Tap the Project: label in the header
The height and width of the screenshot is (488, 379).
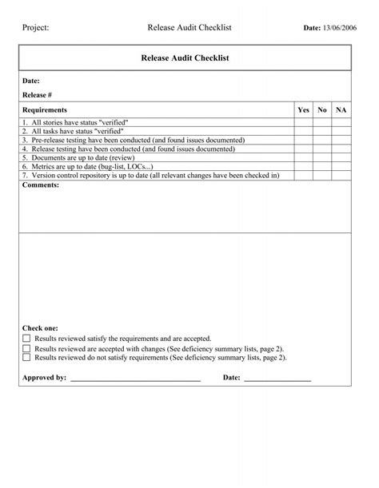[x=36, y=28]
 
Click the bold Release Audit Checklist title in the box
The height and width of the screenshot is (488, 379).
[x=185, y=58]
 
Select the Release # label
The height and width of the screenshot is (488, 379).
[x=37, y=95]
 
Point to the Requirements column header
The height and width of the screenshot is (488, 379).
[x=45, y=109]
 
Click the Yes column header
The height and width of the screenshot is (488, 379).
[x=304, y=109]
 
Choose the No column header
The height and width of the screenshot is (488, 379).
[x=322, y=109]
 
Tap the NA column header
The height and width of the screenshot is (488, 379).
[x=341, y=109]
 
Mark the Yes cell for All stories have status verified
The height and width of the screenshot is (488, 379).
[x=304, y=122]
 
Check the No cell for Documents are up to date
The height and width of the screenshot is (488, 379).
[x=322, y=157]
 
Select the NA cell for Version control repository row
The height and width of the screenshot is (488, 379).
[x=341, y=175]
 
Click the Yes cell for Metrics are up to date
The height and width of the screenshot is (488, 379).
[x=304, y=166]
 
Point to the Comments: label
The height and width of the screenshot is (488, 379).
[x=41, y=184]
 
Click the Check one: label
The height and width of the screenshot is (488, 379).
[x=40, y=328]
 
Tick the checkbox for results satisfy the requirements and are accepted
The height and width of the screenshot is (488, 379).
[x=26, y=339]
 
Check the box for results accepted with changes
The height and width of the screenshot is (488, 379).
[x=26, y=349]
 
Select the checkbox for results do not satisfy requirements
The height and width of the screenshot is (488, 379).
[x=26, y=359]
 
